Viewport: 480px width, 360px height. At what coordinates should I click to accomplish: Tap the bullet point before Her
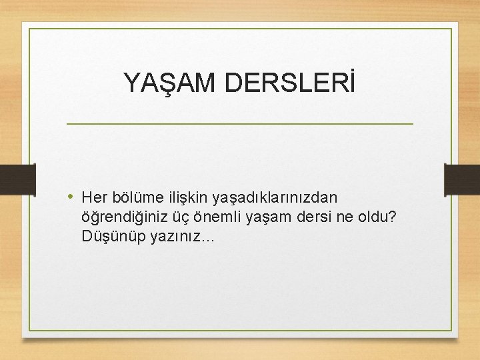pos(72,197)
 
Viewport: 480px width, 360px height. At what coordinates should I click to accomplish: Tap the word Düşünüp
pos(107,237)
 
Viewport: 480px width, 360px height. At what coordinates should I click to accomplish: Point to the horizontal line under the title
pos(240,124)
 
